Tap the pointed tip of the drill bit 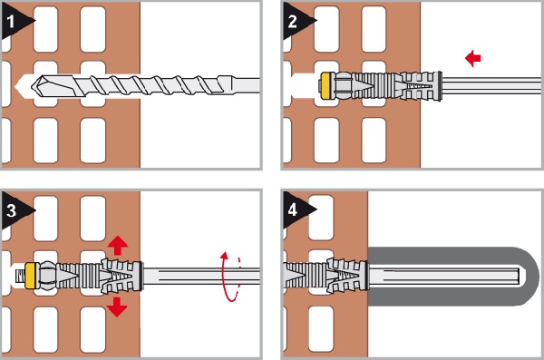pyautogui.click(x=32, y=85)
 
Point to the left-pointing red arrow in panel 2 pyautogui.click(x=473, y=58)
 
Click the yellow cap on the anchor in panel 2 pyautogui.click(x=325, y=86)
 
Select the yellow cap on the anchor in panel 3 pyautogui.click(x=30, y=276)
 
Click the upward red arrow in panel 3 pyautogui.click(x=118, y=245)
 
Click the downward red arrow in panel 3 pyautogui.click(x=117, y=306)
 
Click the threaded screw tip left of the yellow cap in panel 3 pyautogui.click(x=20, y=276)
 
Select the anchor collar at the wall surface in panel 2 pyautogui.click(x=440, y=86)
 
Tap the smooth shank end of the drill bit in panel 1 pyautogui.click(x=243, y=85)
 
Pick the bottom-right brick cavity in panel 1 pyautogui.click(x=92, y=141)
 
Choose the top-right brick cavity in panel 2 pyautogui.click(x=374, y=29)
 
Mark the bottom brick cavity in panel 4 pyautogui.click(x=321, y=329)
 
